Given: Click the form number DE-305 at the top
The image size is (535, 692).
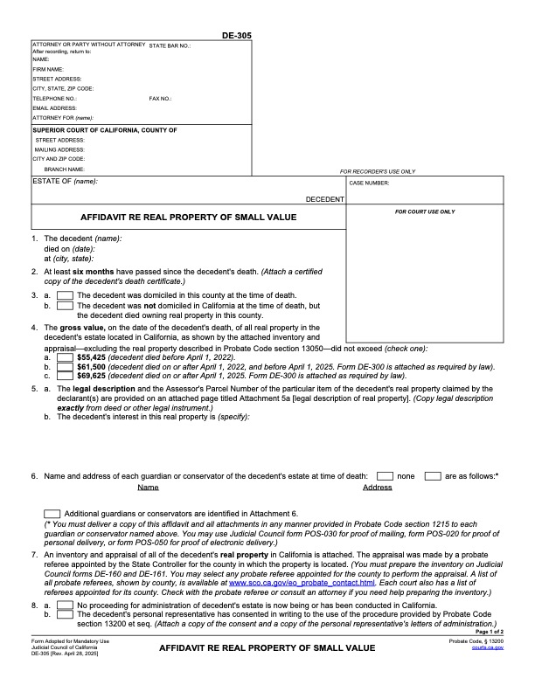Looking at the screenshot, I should pos(239,35).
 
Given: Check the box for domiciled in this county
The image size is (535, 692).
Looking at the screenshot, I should pos(65,295).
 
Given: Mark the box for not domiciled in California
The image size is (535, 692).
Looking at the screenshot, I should pos(65,306).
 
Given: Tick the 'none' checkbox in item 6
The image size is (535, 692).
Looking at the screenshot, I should pos(385,475).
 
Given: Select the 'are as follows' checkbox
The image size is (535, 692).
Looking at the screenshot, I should pos(432,475).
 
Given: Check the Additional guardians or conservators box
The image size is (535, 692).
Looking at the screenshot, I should pos(52,513).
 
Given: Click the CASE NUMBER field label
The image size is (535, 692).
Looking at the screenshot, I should pos(369,183).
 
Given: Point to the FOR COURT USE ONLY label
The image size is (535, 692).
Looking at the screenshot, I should pos(425,211).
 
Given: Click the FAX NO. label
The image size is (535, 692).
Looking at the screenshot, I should pos(160,99).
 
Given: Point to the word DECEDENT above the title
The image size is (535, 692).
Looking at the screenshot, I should pos(324,199).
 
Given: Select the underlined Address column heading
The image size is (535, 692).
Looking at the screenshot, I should pos(377,487).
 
